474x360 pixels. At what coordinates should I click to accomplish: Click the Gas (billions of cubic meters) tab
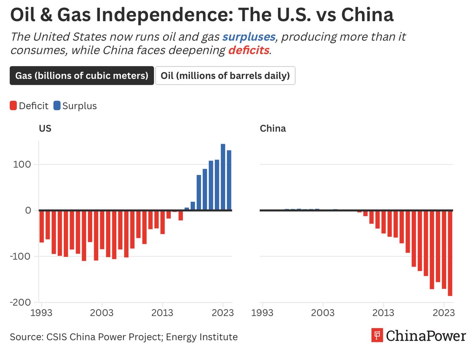pos(81,75)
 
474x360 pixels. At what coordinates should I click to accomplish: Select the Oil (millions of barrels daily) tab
pos(225,75)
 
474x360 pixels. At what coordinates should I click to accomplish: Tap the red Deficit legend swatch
pos(13,106)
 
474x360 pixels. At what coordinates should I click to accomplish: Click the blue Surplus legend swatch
pos(57,106)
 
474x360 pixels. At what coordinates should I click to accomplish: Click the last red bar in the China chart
pos(450,253)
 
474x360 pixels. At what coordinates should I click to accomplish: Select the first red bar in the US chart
pos(41,226)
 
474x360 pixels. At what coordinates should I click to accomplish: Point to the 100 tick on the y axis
pos(22,164)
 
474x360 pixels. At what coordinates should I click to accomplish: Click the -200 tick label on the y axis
pos(20,302)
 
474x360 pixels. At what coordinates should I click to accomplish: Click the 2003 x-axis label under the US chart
pos(102,313)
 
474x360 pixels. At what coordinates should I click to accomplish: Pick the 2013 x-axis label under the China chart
pos(383,313)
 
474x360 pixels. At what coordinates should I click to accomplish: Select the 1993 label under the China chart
pos(262,313)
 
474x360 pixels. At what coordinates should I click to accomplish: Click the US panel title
pos(45,128)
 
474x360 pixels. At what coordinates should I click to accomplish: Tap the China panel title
pos(273,128)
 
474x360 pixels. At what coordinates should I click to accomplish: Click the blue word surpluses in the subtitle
pos(249,37)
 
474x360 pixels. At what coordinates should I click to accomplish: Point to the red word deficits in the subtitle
pos(248,50)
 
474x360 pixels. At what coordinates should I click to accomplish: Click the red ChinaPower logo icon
pos(377,336)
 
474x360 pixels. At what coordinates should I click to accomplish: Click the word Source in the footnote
pos(26,337)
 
